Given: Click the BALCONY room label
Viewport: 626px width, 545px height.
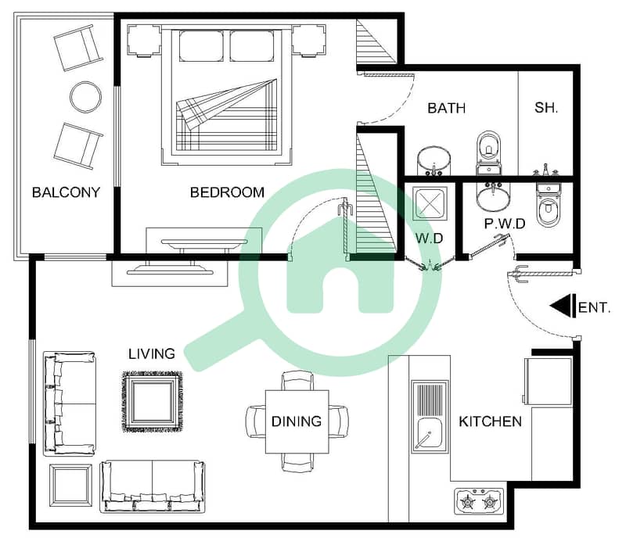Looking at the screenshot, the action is [x=66, y=192].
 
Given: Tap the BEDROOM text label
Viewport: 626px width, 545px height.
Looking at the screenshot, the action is [x=227, y=192].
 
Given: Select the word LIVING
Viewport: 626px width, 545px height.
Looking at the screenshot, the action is [x=152, y=353].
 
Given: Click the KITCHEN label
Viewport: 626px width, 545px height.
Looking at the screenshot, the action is [x=490, y=421].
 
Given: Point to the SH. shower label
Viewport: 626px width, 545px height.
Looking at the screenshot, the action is [x=545, y=107].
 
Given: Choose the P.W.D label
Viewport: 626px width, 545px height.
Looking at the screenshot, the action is [x=505, y=224].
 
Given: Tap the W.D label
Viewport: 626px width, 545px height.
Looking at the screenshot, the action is [x=429, y=238].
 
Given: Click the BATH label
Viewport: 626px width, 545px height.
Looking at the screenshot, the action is [x=446, y=108].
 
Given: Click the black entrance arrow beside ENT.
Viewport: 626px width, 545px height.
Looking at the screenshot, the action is [x=563, y=307].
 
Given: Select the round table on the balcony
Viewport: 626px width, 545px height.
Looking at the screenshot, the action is [x=85, y=97].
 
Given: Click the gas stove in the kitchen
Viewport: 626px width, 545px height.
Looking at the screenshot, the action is [x=479, y=500].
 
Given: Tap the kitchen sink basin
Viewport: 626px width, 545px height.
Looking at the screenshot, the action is [x=430, y=435].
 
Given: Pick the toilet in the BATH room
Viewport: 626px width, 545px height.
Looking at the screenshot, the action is [x=488, y=152].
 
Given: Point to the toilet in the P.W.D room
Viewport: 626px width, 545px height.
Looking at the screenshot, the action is [x=549, y=204].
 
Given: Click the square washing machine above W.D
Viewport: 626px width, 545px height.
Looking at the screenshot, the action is [x=430, y=203].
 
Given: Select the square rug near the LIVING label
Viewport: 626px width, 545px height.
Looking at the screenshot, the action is [x=152, y=401].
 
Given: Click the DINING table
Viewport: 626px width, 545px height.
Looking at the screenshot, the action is [x=297, y=421].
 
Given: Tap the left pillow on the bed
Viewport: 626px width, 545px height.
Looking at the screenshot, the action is [x=201, y=46].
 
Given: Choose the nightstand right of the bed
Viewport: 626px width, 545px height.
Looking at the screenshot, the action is [x=308, y=40].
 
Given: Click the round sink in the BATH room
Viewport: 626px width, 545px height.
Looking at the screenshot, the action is [x=434, y=162].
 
